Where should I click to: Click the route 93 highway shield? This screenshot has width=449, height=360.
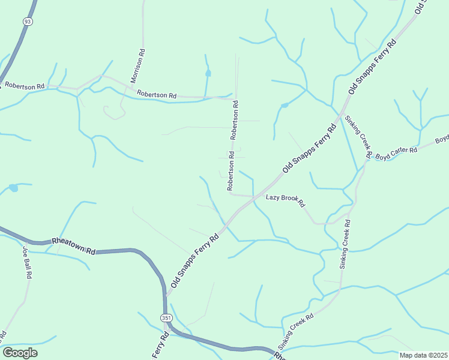pyautogui.click(x=27, y=21)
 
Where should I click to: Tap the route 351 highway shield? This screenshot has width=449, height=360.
pyautogui.click(x=165, y=316)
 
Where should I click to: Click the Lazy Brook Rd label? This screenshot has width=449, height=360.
pyautogui.click(x=286, y=200)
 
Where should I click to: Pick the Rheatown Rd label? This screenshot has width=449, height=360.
pyautogui.click(x=74, y=245)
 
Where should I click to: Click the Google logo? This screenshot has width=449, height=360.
pyautogui.click(x=20, y=353)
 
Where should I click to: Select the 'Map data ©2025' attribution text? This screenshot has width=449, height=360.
pyautogui.click(x=423, y=355)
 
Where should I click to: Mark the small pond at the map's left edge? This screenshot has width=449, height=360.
pyautogui.click(x=13, y=188)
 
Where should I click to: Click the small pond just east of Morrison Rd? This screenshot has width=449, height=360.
pyautogui.click(x=208, y=73)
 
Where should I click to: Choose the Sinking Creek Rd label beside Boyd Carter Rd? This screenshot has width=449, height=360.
pyautogui.click(x=358, y=136)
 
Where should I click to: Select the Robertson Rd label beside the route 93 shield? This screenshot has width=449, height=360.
pyautogui.click(x=24, y=86)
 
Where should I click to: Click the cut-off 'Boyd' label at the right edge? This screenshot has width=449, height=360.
pyautogui.click(x=442, y=139)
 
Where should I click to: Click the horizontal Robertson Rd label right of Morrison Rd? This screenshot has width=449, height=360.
pyautogui.click(x=157, y=95)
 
